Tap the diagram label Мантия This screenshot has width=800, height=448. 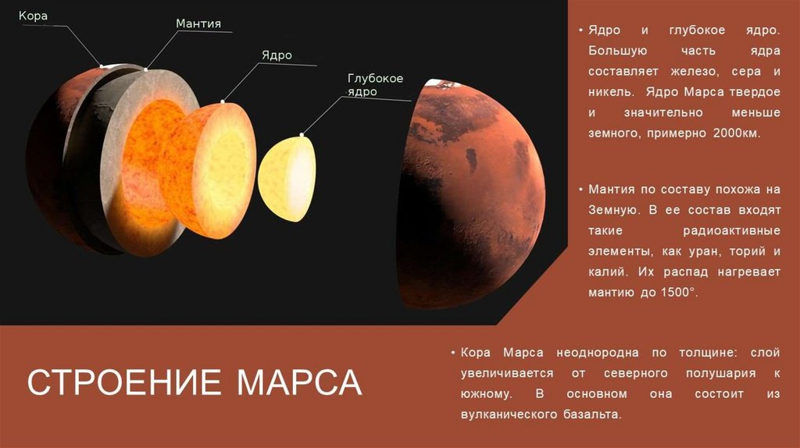[x=197, y=24]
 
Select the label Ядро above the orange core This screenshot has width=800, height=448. [x=277, y=55]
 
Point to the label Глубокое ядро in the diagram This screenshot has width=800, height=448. [x=374, y=85]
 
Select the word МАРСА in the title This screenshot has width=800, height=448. [x=299, y=382]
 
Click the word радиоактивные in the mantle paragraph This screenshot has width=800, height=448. [x=732, y=232]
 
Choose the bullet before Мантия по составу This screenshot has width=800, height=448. [x=580, y=190]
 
